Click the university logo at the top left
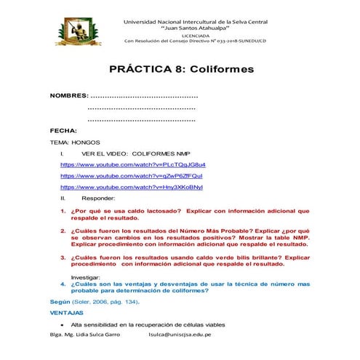point(81,26)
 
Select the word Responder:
point(98,198)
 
